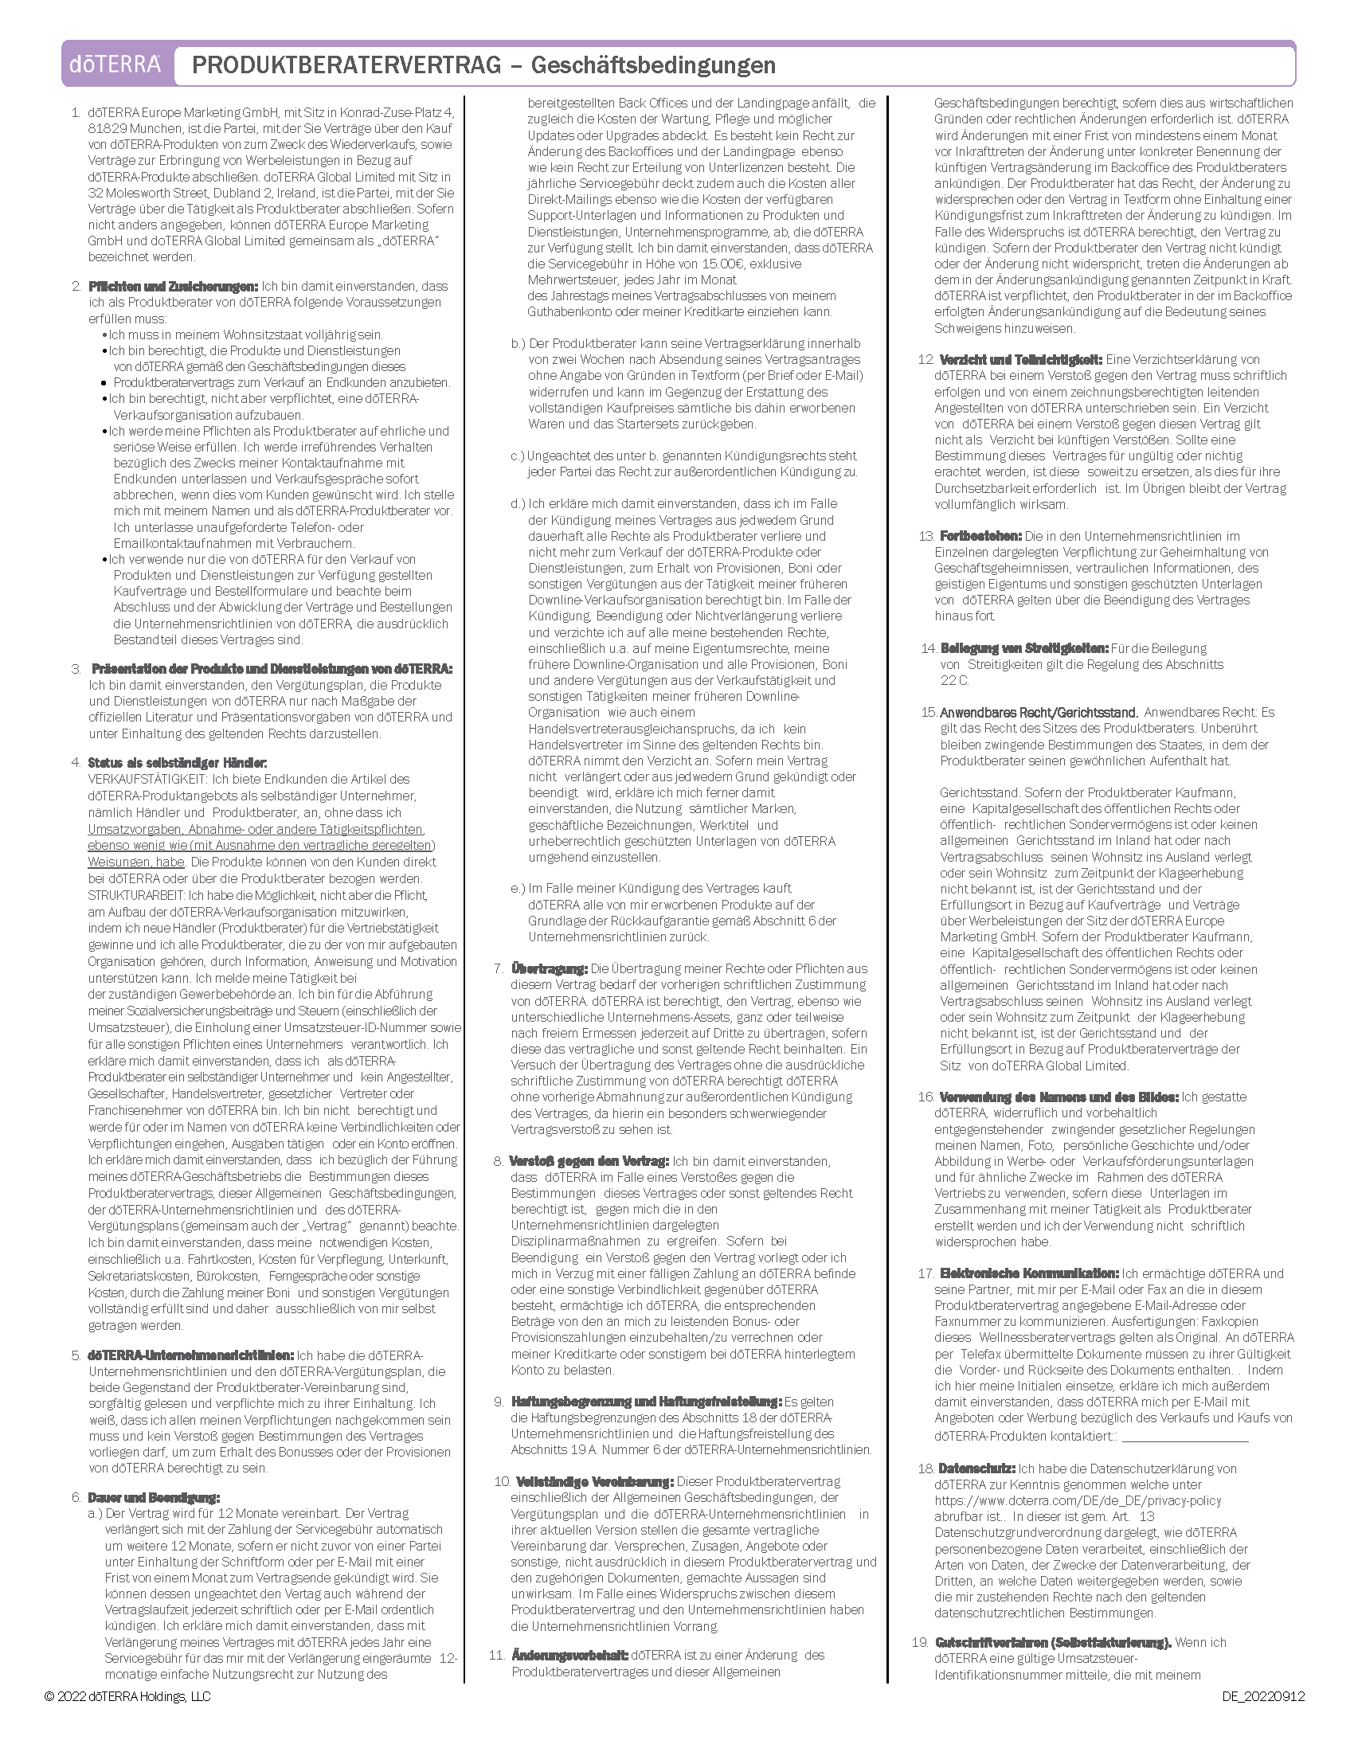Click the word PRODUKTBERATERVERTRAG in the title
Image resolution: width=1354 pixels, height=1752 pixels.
click(x=346, y=65)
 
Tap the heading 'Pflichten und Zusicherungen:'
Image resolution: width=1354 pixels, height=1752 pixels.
click(x=174, y=287)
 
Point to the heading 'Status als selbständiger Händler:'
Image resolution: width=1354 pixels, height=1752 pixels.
click(x=178, y=762)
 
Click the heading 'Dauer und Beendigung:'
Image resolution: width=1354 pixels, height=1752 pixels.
click(x=153, y=1497)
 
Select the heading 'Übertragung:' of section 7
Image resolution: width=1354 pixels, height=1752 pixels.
click(x=550, y=968)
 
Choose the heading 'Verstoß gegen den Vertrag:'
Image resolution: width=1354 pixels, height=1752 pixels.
click(x=589, y=1161)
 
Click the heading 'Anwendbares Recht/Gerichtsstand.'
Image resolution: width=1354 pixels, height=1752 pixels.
click(x=1039, y=713)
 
